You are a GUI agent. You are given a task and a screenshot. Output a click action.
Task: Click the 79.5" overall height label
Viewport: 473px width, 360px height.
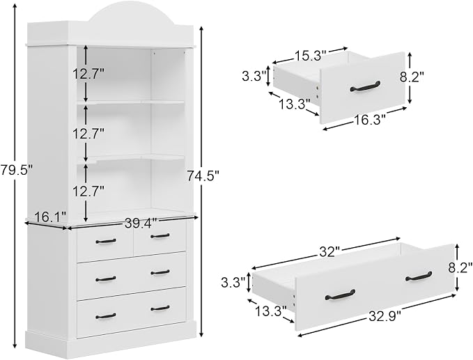tap(16, 171)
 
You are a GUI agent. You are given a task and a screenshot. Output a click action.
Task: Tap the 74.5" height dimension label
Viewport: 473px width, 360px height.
tap(203, 175)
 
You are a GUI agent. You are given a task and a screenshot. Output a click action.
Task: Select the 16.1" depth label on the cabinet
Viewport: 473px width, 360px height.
tap(50, 217)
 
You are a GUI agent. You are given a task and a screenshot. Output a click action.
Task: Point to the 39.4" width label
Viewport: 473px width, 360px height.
tap(141, 224)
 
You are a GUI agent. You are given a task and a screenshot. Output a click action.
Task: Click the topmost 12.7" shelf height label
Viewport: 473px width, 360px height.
tap(88, 74)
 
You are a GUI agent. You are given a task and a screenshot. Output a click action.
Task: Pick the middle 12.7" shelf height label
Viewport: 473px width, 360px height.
tap(88, 133)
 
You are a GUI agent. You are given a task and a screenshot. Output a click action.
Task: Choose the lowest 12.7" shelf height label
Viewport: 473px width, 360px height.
tap(88, 191)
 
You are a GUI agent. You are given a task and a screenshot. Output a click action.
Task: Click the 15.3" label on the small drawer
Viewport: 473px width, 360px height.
tap(310, 56)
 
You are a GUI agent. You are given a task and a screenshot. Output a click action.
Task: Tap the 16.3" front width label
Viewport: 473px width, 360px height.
tap(369, 120)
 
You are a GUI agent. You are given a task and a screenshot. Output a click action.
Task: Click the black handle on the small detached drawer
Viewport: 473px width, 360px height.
tap(365, 86)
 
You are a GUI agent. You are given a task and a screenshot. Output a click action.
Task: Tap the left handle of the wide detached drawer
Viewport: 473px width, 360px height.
tap(340, 295)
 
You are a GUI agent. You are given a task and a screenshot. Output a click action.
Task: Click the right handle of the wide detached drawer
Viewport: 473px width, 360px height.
tap(419, 276)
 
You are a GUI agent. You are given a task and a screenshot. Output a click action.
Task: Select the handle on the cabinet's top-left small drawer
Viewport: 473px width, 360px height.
tap(106, 241)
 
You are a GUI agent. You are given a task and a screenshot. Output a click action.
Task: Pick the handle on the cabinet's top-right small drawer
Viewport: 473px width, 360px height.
tap(160, 236)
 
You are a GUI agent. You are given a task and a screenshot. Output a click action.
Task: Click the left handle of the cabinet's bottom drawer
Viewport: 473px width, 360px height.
tap(106, 316)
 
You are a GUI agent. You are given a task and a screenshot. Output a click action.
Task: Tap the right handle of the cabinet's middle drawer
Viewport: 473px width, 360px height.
tap(160, 272)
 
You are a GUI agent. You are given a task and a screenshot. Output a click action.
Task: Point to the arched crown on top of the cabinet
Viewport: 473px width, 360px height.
tap(132, 13)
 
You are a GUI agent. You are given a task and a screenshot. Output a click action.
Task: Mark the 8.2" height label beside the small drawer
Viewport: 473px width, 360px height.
tap(412, 77)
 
